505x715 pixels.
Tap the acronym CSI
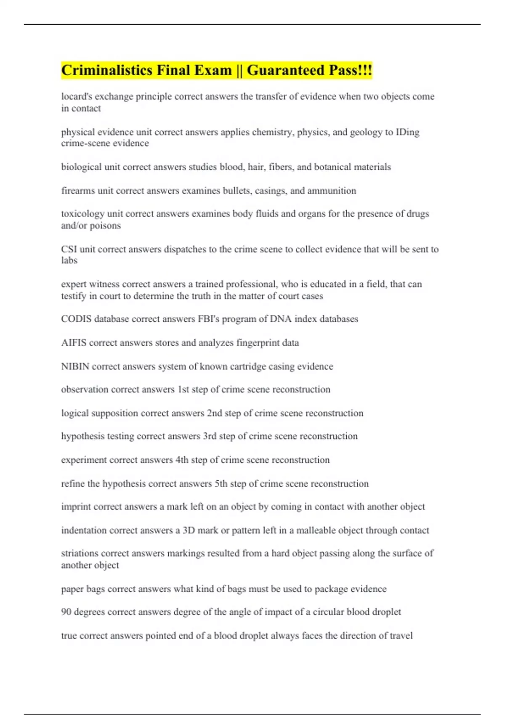pyautogui.click(x=69, y=249)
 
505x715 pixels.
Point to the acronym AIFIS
pyautogui.click(x=74, y=342)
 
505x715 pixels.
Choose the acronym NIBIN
pyautogui.click(x=75, y=366)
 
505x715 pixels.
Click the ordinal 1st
pyautogui.click(x=183, y=389)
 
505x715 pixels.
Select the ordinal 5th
pyautogui.click(x=221, y=484)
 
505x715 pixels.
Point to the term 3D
pyautogui.click(x=189, y=530)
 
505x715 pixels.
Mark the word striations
pyautogui.click(x=80, y=553)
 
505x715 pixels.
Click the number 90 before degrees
pyautogui.click(x=66, y=612)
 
